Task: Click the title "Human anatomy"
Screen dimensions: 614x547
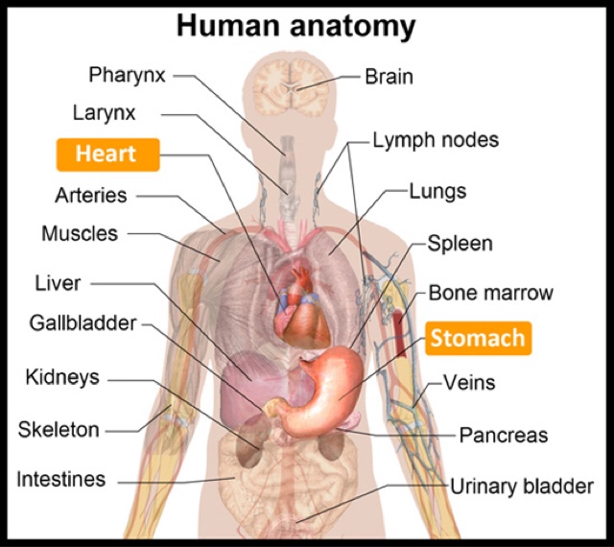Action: point(295,27)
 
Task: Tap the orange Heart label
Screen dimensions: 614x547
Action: point(106,154)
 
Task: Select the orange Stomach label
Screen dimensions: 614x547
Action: point(478,338)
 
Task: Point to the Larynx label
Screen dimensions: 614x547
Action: point(105,112)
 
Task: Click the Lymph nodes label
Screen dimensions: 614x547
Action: point(437,140)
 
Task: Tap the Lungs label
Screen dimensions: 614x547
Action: point(437,191)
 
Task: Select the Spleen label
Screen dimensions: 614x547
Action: point(460,243)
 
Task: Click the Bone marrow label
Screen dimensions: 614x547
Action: point(490,293)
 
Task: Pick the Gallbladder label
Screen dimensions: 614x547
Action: point(83,323)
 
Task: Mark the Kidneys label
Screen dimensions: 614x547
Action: point(62,377)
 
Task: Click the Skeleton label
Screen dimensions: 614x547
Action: point(59,429)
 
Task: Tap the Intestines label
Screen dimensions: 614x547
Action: point(61,479)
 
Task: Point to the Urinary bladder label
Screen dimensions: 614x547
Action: point(522,487)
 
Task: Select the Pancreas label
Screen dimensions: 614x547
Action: point(503,435)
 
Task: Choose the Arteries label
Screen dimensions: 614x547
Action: point(90,196)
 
